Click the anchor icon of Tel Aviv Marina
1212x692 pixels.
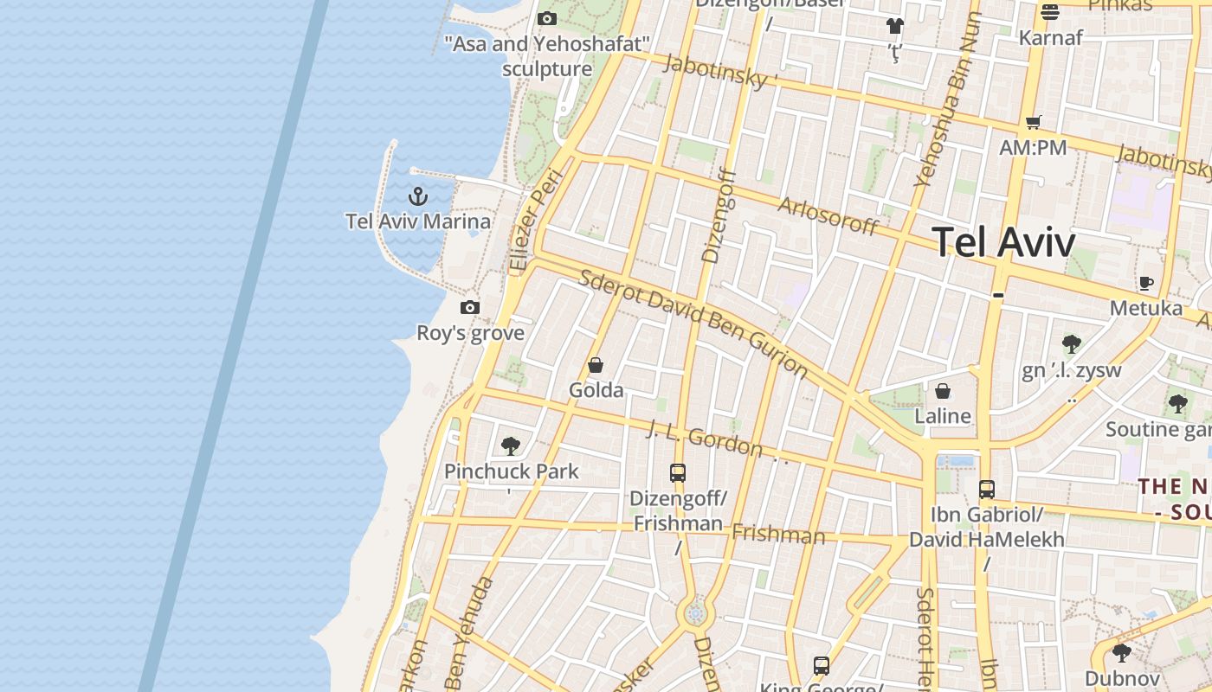pyautogui.click(x=418, y=196)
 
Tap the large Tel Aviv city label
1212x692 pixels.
pyautogui.click(x=1003, y=242)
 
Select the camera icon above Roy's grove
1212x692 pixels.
pyautogui.click(x=470, y=307)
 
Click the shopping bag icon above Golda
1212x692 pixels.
pyautogui.click(x=596, y=365)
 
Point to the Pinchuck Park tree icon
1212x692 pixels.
pyautogui.click(x=511, y=446)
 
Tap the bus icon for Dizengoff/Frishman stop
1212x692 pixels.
pyautogui.click(x=678, y=473)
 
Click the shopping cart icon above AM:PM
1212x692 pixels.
pyautogui.click(x=1033, y=122)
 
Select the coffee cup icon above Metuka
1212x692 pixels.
pyautogui.click(x=1146, y=283)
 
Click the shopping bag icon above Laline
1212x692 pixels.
pyautogui.click(x=943, y=391)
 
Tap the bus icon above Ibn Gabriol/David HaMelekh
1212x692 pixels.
pyautogui.click(x=987, y=489)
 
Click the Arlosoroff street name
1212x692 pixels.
pyautogui.click(x=828, y=216)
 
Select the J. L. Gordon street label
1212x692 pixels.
pyautogui.click(x=706, y=439)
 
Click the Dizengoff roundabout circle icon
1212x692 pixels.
pyautogui.click(x=694, y=614)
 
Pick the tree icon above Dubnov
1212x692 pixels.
pyautogui.click(x=1122, y=653)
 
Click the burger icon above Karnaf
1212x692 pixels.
pyautogui.click(x=1050, y=12)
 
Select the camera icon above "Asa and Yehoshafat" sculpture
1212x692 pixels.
pyautogui.click(x=546, y=18)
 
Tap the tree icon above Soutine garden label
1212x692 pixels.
pyautogui.click(x=1177, y=403)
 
